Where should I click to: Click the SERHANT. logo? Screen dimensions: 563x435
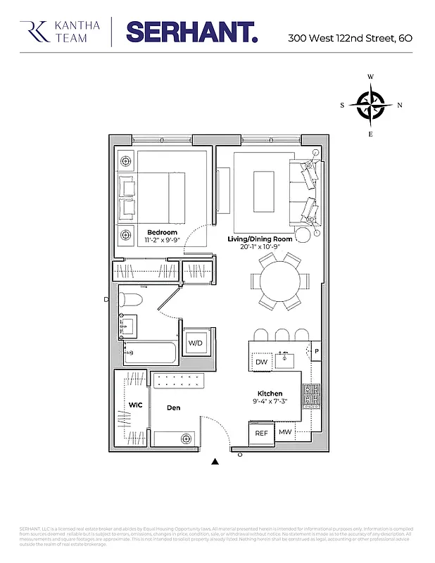tap(191, 32)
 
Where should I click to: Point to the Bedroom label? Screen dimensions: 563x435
tap(162, 232)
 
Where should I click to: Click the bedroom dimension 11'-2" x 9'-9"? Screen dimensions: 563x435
tap(162, 241)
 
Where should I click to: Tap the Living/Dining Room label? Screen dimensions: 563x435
tap(260, 239)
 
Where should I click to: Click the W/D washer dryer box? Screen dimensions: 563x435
tap(195, 343)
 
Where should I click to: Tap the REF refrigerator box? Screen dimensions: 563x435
tap(261, 434)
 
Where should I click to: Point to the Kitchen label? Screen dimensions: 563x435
tap(270, 394)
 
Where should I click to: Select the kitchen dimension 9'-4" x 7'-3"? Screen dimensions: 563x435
tap(270, 403)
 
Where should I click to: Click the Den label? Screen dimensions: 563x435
tap(174, 407)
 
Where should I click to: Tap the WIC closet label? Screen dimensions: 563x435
tap(135, 405)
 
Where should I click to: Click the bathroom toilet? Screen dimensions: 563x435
tap(130, 301)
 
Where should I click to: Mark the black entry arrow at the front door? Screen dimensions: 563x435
tap(215, 462)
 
